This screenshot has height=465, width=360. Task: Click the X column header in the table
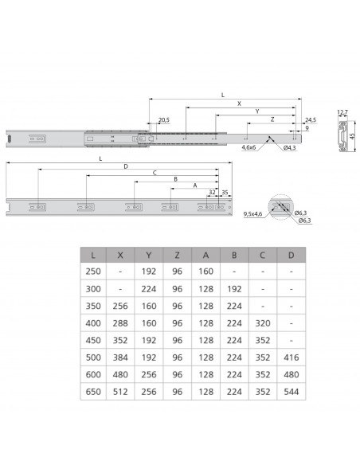(x=120, y=255)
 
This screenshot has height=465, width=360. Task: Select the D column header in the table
(x=292, y=255)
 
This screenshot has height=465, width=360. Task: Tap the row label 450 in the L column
(x=93, y=340)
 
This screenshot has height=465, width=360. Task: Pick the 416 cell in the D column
(x=292, y=358)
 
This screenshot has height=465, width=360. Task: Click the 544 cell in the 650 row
(x=292, y=392)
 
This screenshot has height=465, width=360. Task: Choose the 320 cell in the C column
(x=263, y=323)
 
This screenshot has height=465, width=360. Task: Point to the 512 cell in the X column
(x=120, y=392)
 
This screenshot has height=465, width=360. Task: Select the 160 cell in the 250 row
(x=205, y=272)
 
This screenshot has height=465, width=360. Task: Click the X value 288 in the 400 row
(x=120, y=323)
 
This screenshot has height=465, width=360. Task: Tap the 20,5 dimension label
(x=164, y=119)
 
